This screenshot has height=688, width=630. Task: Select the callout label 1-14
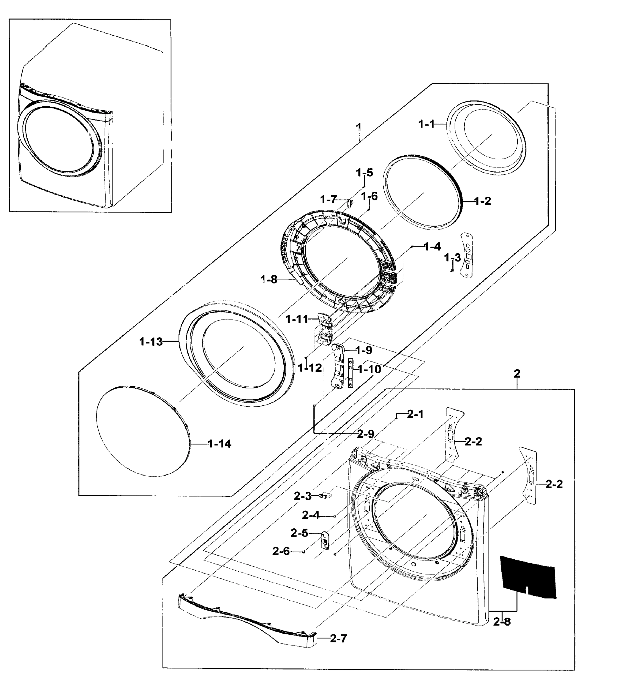point(219,444)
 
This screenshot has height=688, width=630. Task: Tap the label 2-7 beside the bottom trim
point(338,638)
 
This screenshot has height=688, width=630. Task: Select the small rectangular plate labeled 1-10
point(350,373)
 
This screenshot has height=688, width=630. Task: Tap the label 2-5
point(299,533)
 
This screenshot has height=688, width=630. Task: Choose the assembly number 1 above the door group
point(358,127)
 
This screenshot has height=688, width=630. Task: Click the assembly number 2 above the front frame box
point(517,374)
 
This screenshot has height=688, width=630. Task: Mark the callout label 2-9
point(366,434)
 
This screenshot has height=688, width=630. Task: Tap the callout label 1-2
point(482,201)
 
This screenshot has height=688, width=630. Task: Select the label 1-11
point(297,319)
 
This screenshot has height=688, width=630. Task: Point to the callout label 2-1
point(415,414)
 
